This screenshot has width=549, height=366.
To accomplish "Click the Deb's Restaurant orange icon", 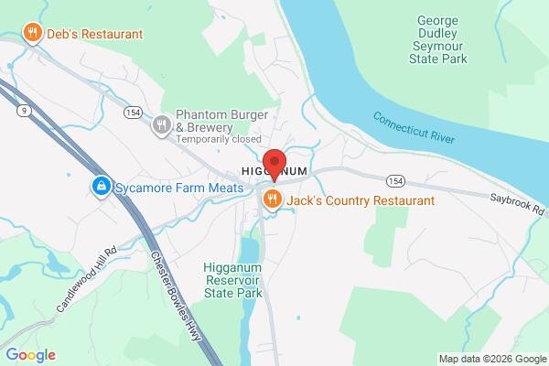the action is (x=33, y=34).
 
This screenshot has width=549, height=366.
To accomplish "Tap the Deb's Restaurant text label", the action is (x=94, y=34).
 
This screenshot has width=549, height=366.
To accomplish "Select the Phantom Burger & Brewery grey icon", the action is (x=162, y=124).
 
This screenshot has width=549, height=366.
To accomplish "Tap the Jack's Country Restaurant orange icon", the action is (x=272, y=199).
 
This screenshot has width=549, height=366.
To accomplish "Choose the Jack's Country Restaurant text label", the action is (x=361, y=199).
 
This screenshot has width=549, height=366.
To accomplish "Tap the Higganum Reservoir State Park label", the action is (x=232, y=280).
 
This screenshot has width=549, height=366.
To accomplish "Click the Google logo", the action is (x=30, y=355).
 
